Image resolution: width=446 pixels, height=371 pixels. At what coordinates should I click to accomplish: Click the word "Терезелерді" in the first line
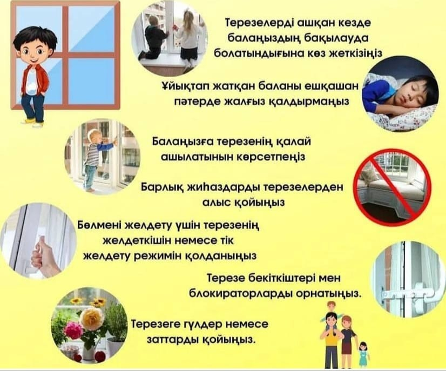tap(251, 25)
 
